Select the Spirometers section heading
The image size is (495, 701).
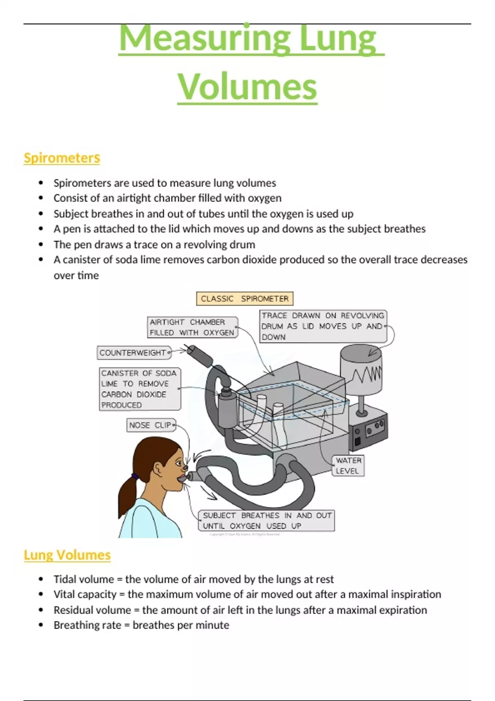point(62,158)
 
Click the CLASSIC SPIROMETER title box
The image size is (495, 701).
point(245,299)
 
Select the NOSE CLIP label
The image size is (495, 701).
point(151,425)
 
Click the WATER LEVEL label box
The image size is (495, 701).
point(348,466)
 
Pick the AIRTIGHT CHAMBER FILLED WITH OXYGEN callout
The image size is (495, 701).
point(193,327)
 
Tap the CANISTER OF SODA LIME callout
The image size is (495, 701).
point(140,389)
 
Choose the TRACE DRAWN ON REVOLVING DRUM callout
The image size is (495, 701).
point(323,326)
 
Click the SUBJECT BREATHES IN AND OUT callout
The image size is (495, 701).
point(266,520)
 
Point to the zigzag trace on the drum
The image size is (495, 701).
point(367,374)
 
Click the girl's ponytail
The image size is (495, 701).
point(128,495)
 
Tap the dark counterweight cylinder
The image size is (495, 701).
point(200,355)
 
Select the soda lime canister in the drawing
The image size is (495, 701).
point(228,409)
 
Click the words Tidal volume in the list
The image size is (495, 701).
point(84,579)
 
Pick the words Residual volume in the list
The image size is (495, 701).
point(92,610)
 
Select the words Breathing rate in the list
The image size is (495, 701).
point(87,625)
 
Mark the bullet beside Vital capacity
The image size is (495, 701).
point(41,594)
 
